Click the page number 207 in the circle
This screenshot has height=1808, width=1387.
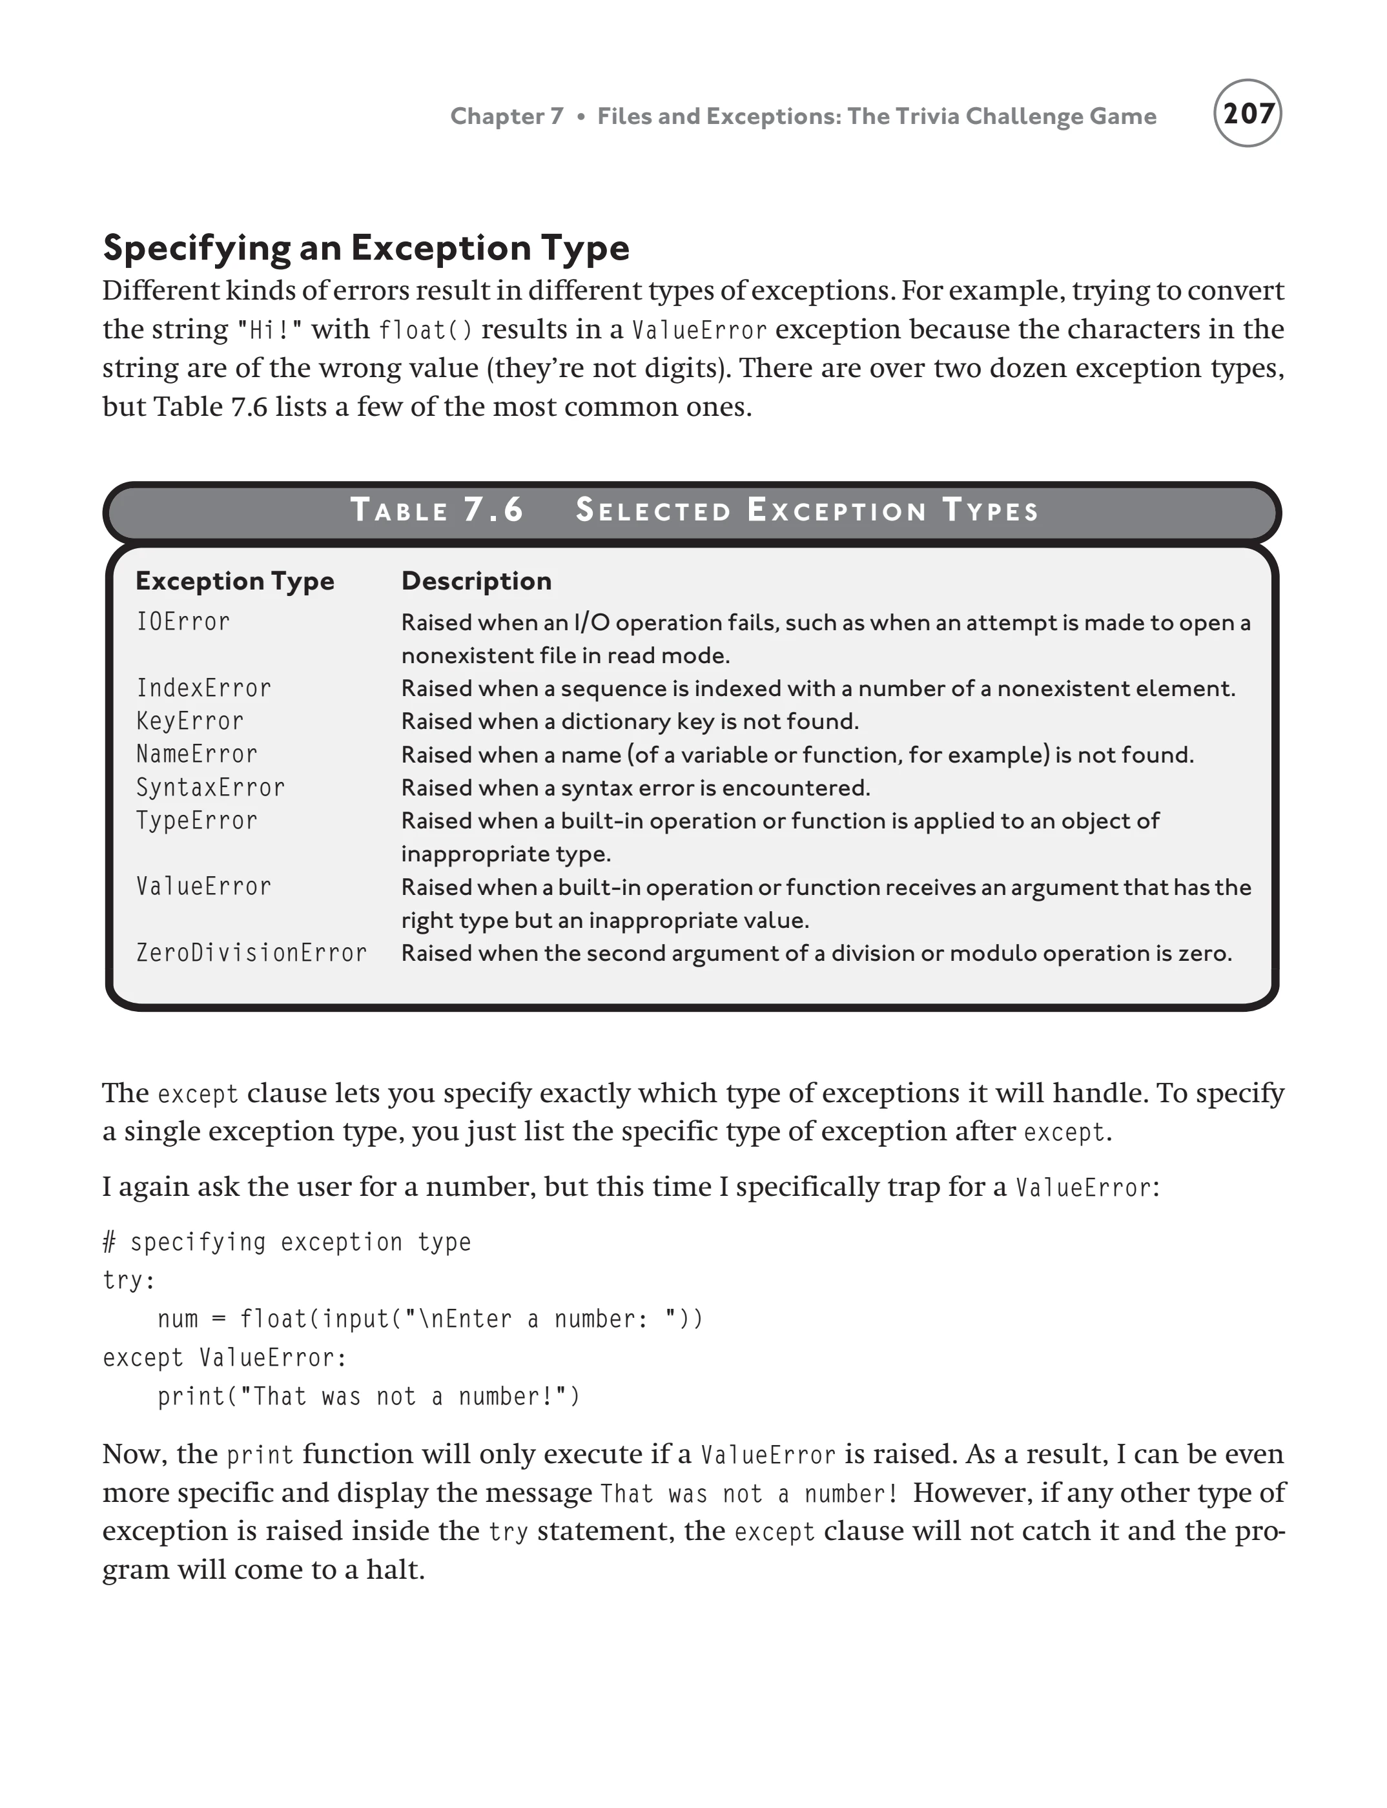[1247, 114]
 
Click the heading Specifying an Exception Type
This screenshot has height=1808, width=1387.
[365, 248]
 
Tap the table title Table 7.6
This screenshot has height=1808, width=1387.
[438, 510]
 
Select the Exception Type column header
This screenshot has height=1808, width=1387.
[234, 581]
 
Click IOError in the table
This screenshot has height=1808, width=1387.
[183, 622]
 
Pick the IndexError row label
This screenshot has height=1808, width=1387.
[203, 688]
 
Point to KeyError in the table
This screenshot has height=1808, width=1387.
[189, 721]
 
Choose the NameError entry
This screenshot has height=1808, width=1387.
[196, 754]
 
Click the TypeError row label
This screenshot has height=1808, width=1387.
[196, 821]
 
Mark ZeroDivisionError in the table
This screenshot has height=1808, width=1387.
[251, 952]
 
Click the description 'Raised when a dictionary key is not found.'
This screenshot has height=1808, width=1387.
[629, 721]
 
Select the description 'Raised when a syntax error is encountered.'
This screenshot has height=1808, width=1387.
[635, 788]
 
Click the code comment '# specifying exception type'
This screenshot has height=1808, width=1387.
[287, 1242]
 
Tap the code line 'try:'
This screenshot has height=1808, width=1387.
[128, 1280]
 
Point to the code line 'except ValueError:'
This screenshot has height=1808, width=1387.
[225, 1357]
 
